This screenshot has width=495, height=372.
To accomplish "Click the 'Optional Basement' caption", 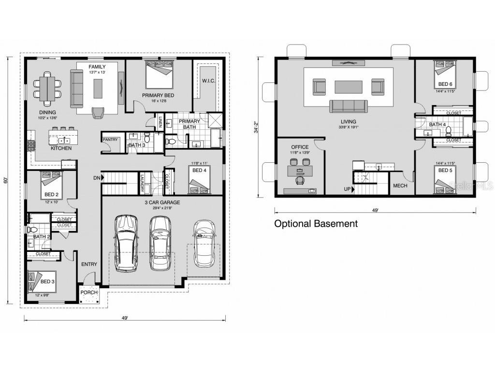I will click(x=316, y=224).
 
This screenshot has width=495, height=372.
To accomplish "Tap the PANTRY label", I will click(x=110, y=140).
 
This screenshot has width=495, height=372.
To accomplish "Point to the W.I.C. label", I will click(x=209, y=80).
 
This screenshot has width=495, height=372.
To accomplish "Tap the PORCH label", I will click(x=89, y=292).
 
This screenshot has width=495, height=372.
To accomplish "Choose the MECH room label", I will click(x=400, y=186).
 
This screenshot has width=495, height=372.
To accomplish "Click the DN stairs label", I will click(x=97, y=178).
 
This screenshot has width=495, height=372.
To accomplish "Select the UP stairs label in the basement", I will click(x=347, y=189).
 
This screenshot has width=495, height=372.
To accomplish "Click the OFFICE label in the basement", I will click(x=300, y=147).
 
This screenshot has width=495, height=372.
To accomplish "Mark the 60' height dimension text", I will click(x=6, y=180).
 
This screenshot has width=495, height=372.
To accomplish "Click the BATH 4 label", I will click(x=437, y=124).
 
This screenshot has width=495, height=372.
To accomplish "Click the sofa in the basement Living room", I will click(x=348, y=106).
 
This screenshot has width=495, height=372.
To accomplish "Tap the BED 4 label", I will click(x=199, y=170).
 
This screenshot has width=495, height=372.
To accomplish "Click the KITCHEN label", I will click(x=61, y=148).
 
